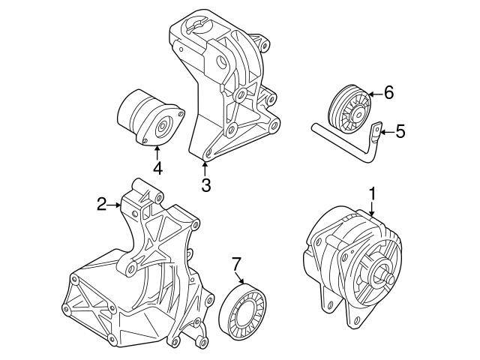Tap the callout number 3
[205, 184]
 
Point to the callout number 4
[157, 169]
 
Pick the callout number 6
[388, 93]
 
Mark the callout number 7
[236, 263]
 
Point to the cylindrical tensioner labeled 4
[146, 120]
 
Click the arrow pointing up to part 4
[157, 152]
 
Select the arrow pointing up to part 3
[205, 166]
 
